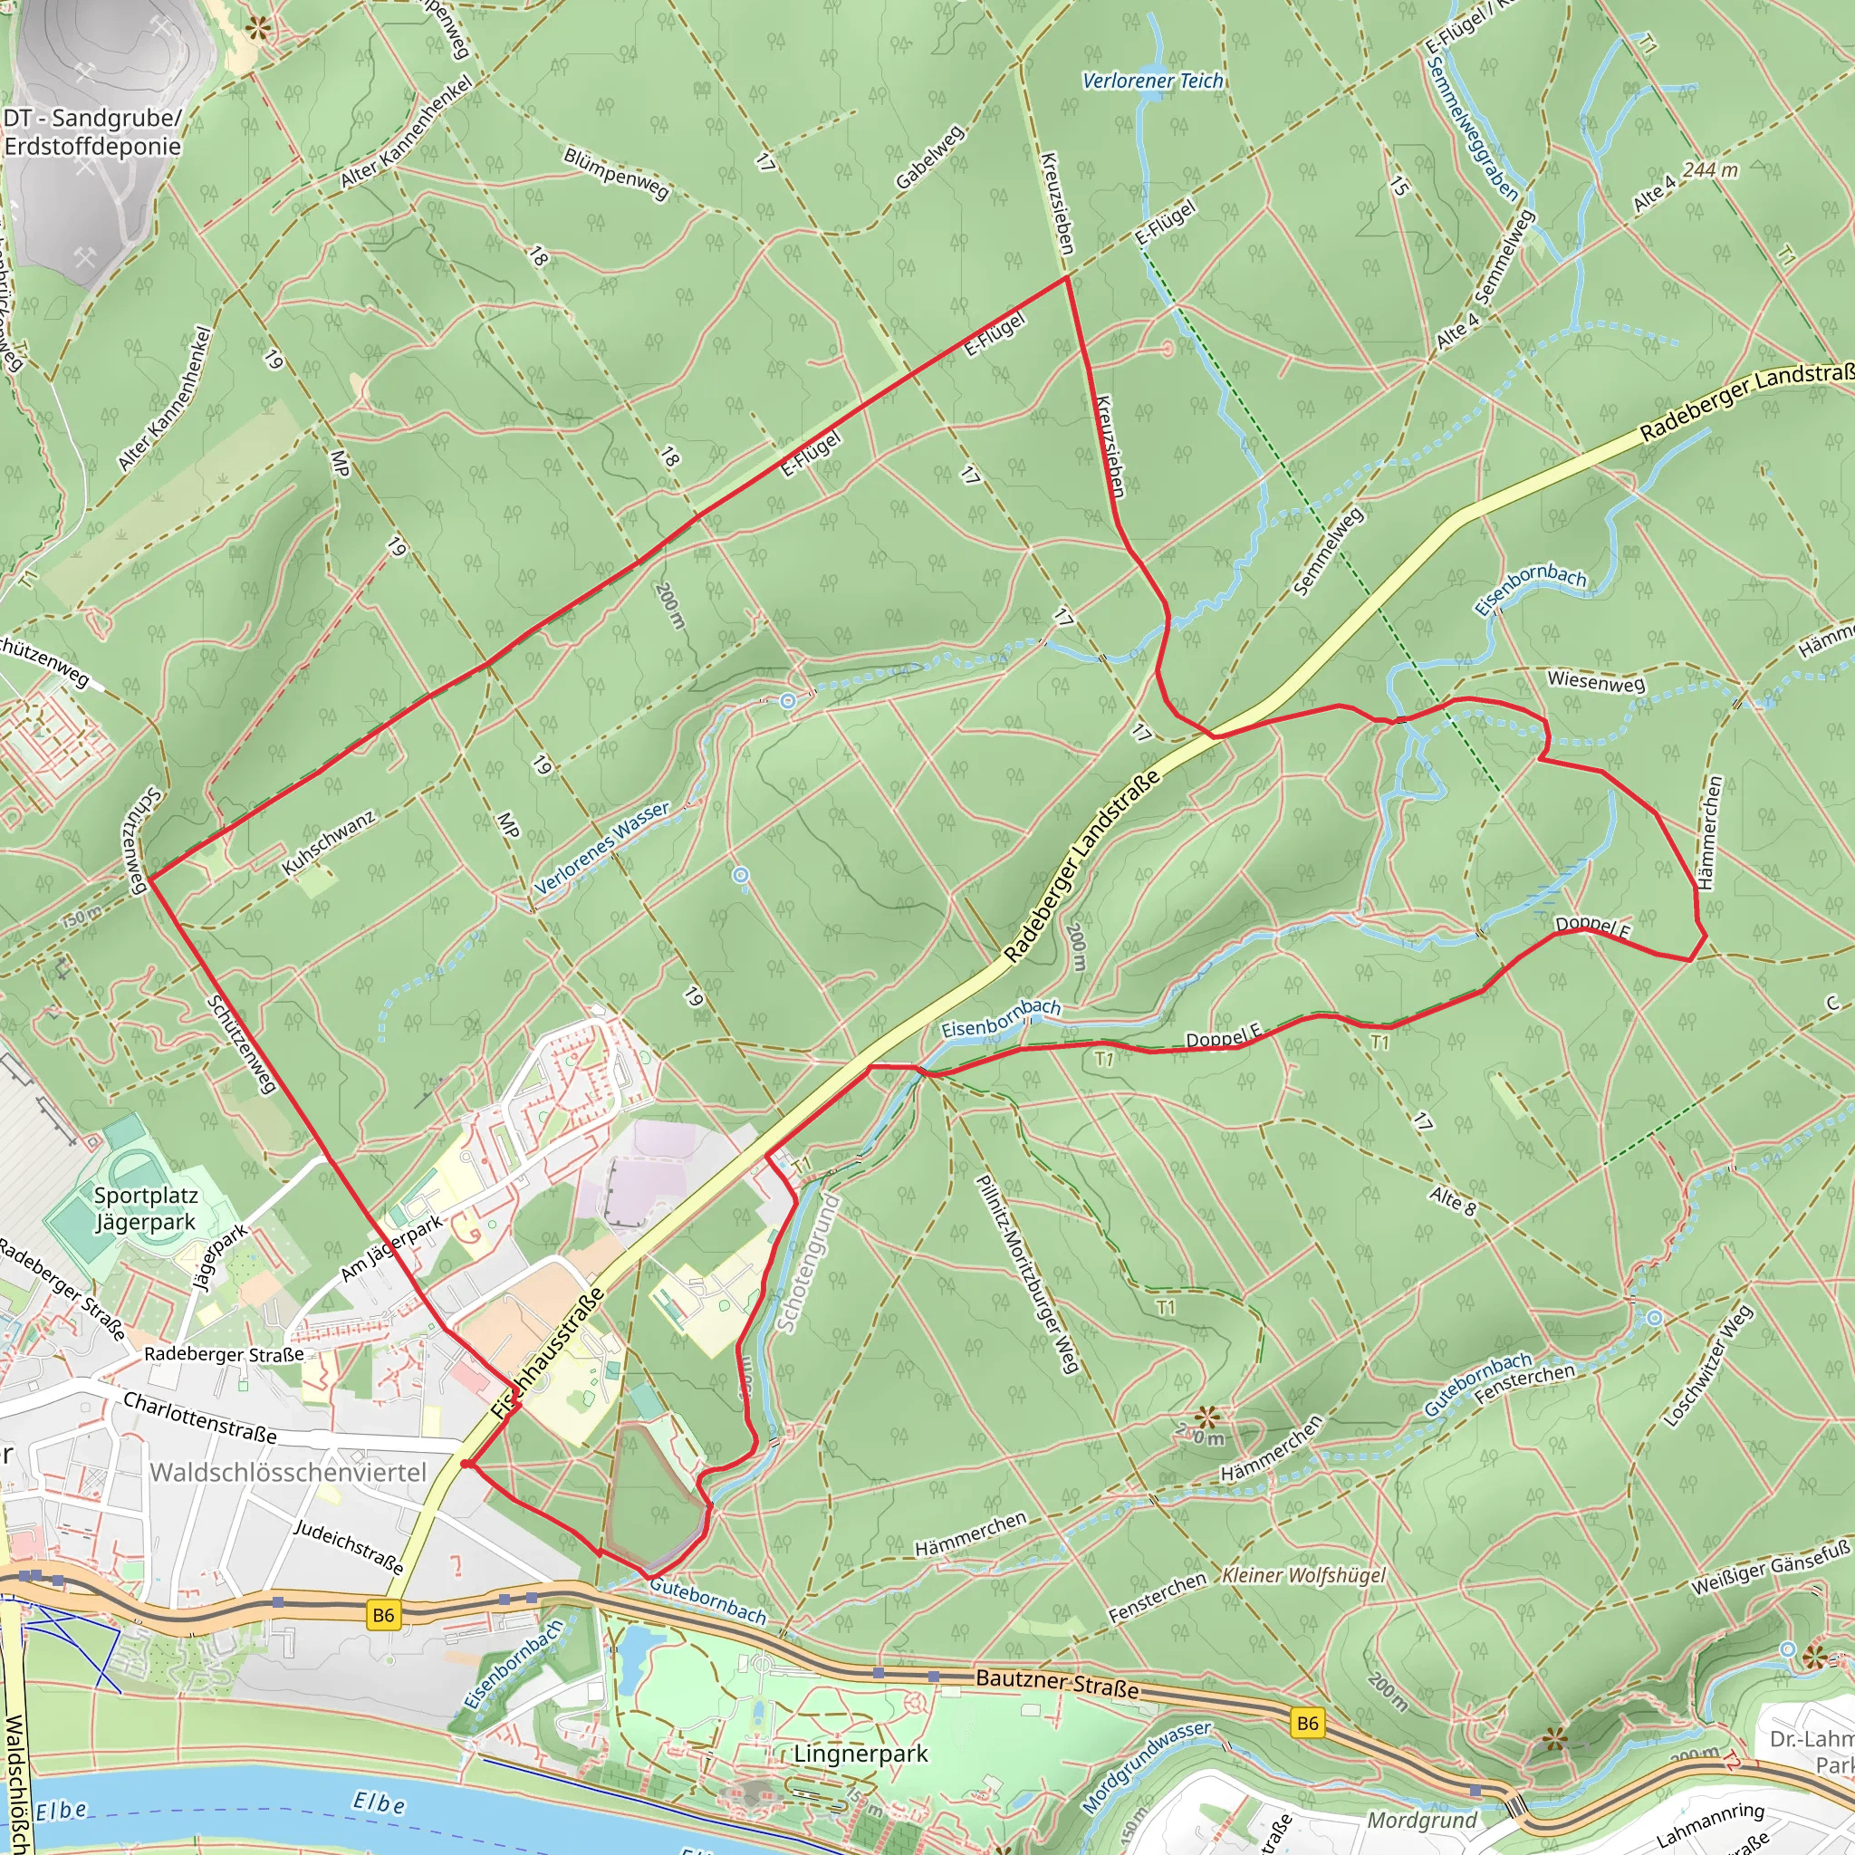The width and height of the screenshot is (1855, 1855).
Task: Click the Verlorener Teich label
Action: (x=1152, y=82)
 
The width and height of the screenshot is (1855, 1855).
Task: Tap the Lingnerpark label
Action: (x=860, y=1754)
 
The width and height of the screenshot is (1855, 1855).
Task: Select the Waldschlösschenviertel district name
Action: (x=288, y=1473)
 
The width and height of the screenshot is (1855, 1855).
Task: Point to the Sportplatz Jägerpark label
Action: (x=146, y=1209)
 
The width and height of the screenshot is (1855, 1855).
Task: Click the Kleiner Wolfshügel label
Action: (x=1304, y=1576)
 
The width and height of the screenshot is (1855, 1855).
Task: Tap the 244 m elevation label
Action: (x=1710, y=170)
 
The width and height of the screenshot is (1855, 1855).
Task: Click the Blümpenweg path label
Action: (x=615, y=174)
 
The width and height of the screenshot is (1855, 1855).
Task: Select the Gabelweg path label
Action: (x=929, y=159)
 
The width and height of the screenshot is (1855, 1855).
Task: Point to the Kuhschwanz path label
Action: (x=329, y=843)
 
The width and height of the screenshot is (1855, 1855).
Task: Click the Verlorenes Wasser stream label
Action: (x=602, y=848)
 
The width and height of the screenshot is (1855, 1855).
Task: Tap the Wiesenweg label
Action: (x=1596, y=683)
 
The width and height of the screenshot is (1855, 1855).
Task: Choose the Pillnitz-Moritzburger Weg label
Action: (x=1026, y=1274)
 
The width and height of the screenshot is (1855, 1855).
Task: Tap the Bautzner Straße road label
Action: (x=1057, y=1682)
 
